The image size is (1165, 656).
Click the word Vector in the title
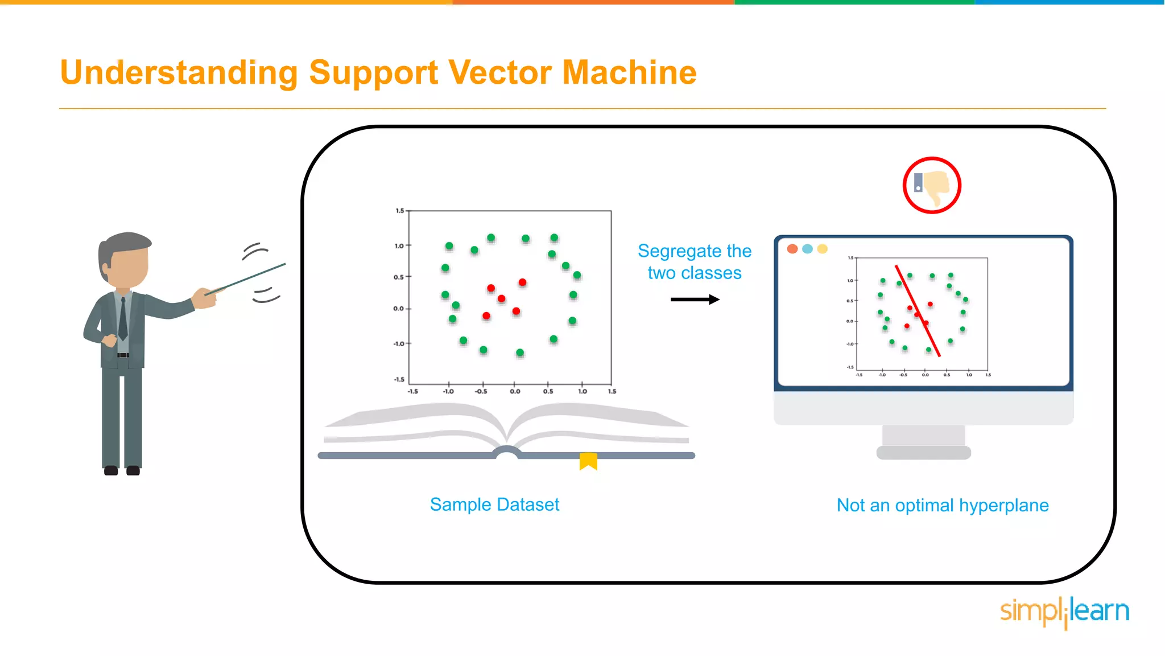(499, 73)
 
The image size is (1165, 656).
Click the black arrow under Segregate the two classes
(695, 300)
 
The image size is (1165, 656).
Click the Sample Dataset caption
(494, 505)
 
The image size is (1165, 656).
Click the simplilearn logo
(1064, 612)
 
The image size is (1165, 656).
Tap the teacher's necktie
(123, 319)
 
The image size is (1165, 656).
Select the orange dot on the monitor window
(792, 249)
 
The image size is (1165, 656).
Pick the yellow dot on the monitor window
(823, 249)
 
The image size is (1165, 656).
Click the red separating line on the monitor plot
(918, 311)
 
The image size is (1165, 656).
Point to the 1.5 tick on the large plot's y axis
(400, 211)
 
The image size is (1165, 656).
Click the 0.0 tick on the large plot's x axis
(515, 391)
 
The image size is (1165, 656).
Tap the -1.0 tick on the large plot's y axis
(399, 344)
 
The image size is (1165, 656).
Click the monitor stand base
(923, 453)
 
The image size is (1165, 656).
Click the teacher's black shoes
(122, 470)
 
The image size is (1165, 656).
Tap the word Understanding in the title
(179, 73)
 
